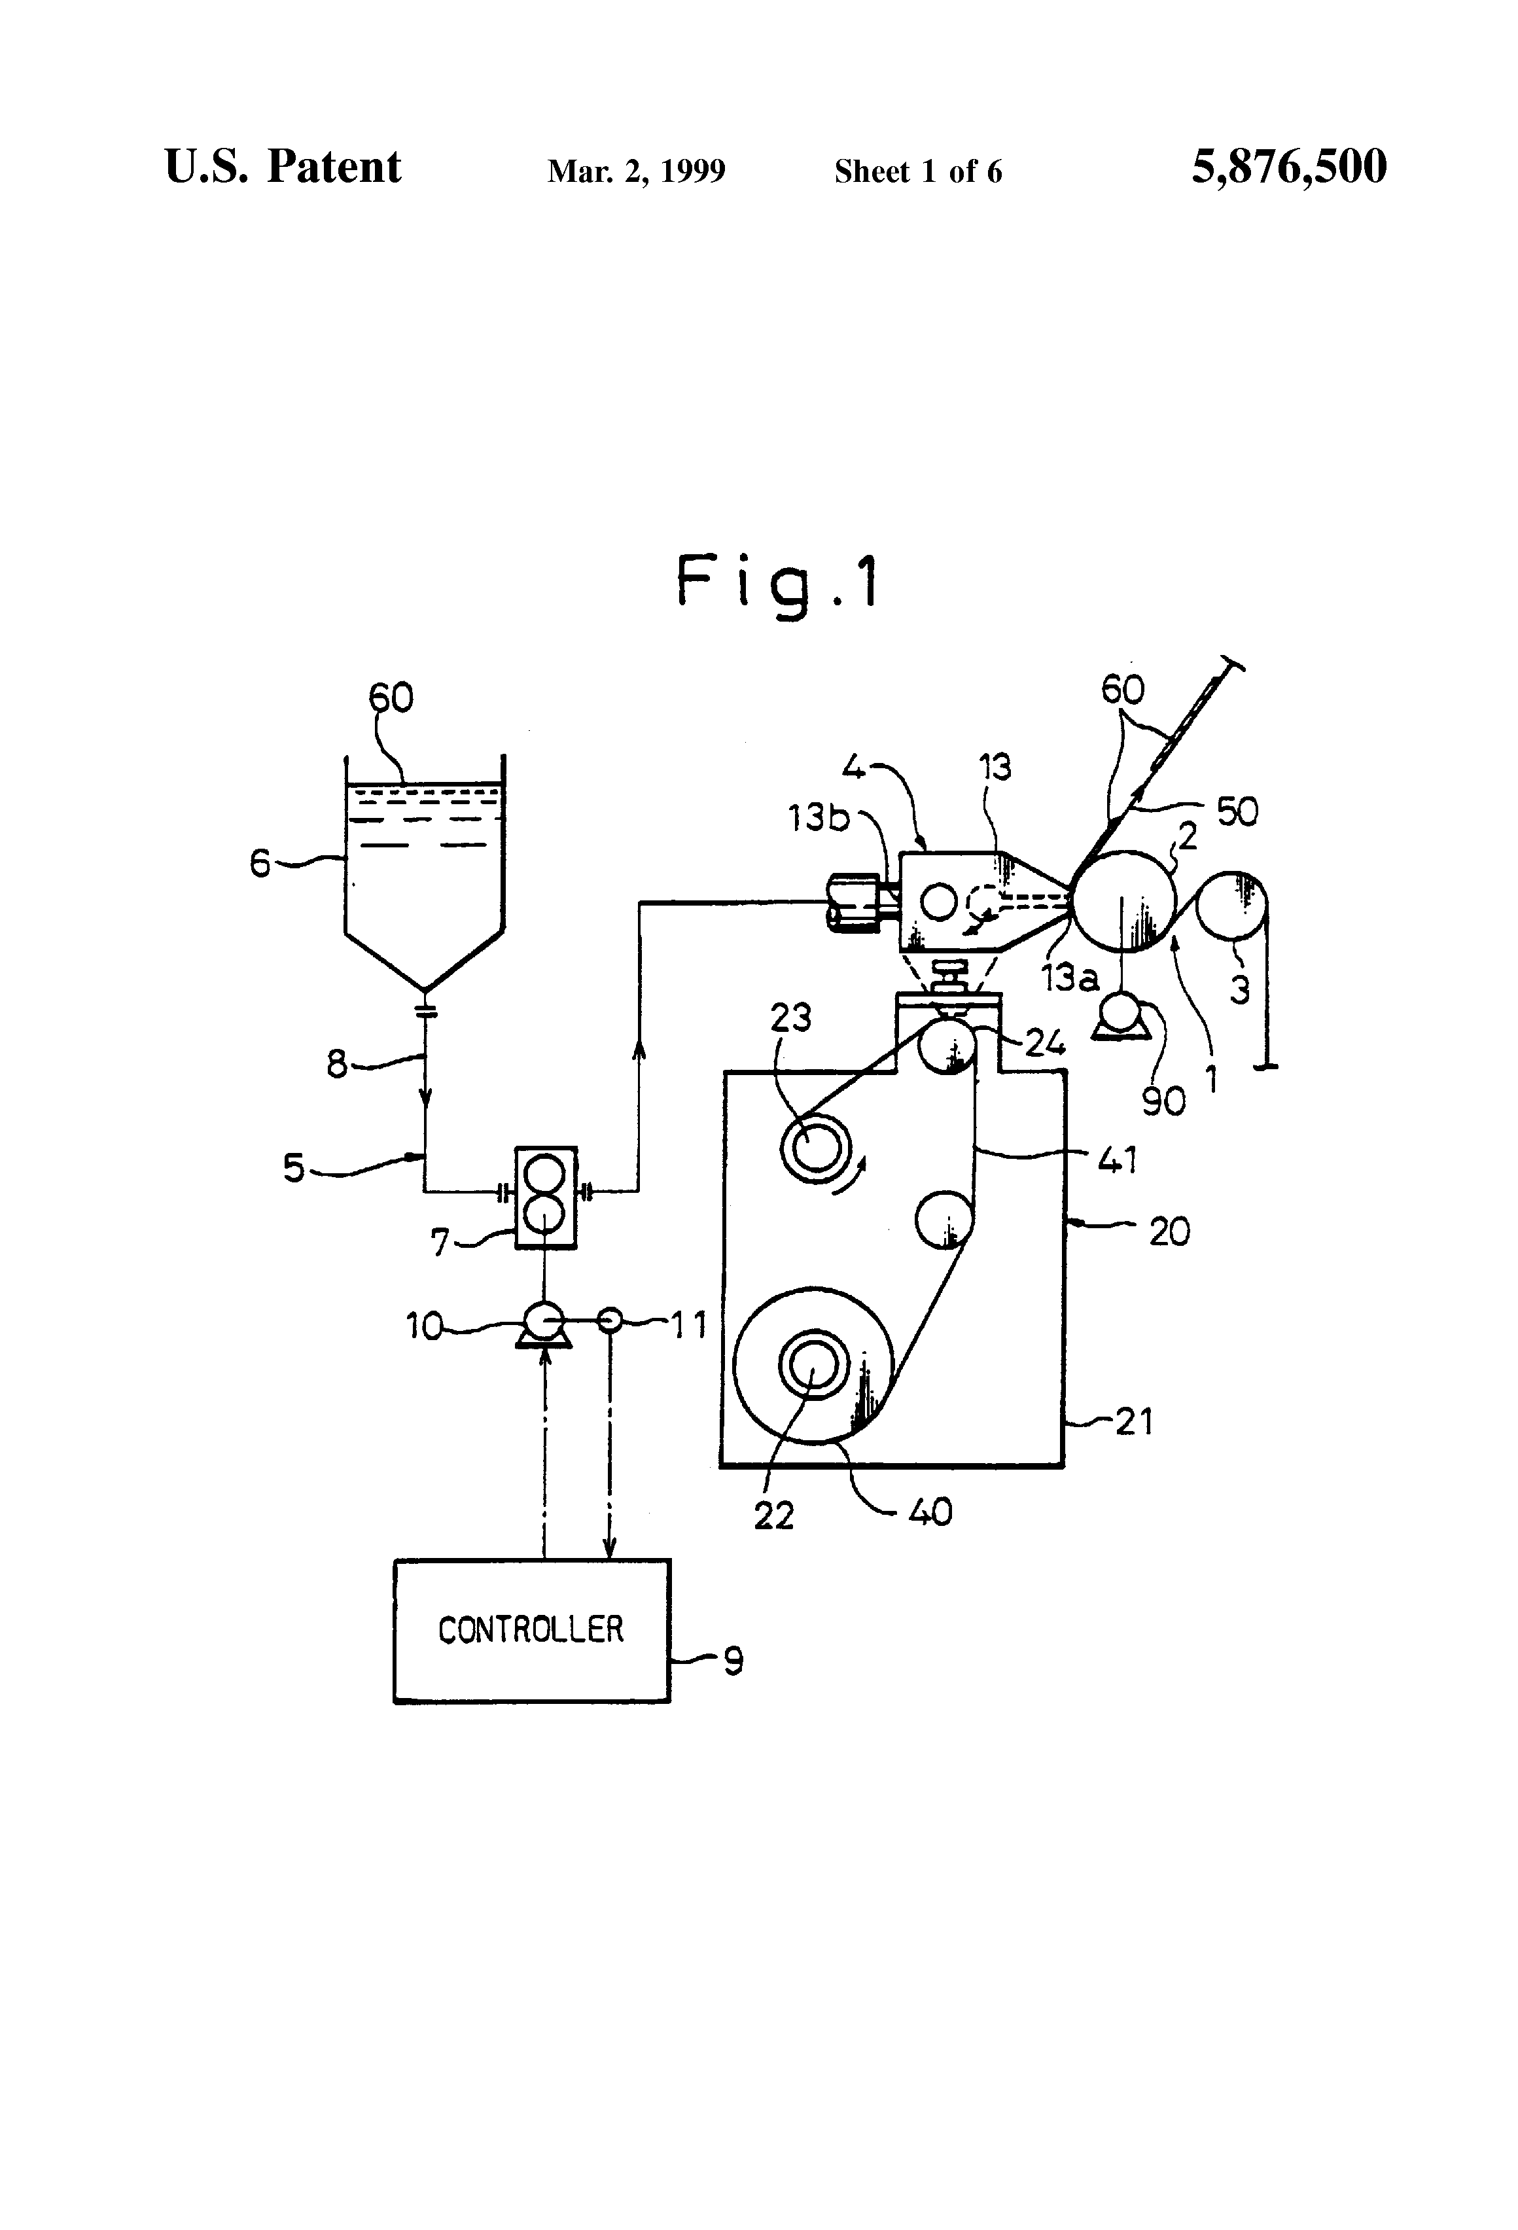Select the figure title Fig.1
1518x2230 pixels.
point(777,582)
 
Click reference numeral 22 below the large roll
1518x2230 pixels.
point(773,1515)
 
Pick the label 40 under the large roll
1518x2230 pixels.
point(929,1512)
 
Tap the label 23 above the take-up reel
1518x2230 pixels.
point(790,1017)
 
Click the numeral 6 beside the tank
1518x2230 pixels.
point(260,864)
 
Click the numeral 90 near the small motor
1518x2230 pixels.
point(1163,1101)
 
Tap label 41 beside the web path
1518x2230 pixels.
point(1117,1161)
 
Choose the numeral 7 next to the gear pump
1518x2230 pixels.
point(440,1244)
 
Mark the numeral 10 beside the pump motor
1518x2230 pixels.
point(423,1326)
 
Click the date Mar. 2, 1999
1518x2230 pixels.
point(636,171)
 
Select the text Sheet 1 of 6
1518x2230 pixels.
point(917,171)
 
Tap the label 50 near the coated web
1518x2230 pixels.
point(1237,812)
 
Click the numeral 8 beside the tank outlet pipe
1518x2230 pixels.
point(337,1064)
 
